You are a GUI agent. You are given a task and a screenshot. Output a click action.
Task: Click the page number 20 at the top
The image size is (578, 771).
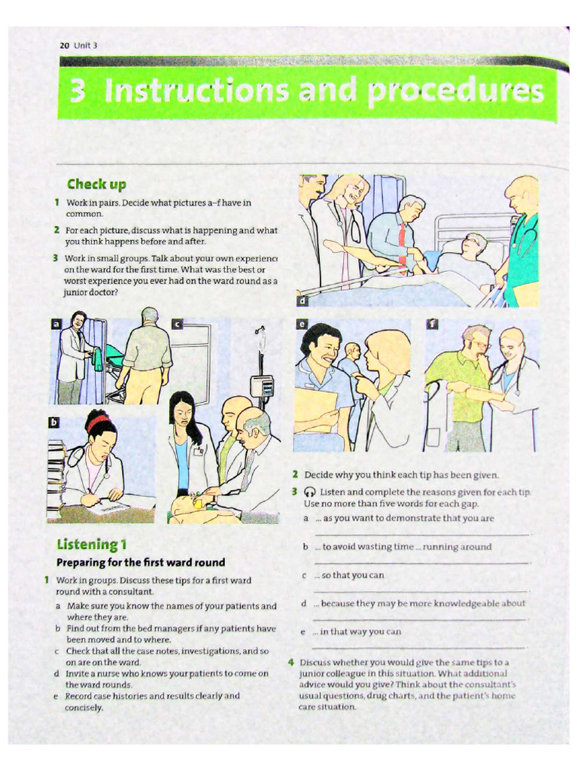64,45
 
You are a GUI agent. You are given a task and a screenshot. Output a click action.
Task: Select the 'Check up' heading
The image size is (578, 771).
96,184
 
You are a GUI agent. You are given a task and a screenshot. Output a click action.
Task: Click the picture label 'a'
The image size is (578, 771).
55,324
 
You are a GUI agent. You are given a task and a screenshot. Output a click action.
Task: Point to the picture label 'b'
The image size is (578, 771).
53,422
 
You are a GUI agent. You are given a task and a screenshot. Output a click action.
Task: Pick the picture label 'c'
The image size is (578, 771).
178,324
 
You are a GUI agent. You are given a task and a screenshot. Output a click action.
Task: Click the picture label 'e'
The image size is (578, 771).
302,325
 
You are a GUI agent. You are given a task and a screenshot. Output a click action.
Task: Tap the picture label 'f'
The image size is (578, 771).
432,325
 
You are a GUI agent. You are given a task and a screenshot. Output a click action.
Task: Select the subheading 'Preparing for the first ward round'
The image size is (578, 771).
141,562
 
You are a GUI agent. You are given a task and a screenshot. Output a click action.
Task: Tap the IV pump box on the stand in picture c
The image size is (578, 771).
261,387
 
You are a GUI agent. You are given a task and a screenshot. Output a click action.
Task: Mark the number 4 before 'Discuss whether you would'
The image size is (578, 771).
291,662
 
